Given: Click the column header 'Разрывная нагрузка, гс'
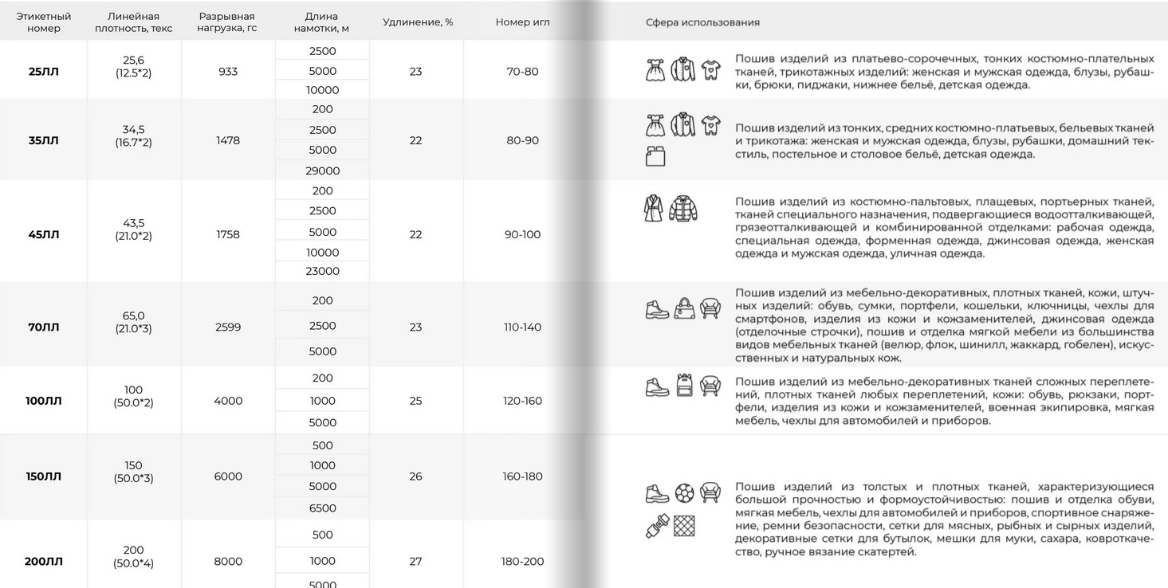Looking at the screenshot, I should coord(227,22).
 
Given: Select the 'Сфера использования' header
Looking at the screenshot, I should coord(702,22).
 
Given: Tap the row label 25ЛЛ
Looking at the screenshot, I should coord(44,72).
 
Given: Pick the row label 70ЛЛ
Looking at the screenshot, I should coord(44,327).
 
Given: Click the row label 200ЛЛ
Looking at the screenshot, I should coord(44,562).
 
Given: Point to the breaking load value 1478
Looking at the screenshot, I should coord(228,141).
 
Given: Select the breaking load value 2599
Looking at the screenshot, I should coord(228,327).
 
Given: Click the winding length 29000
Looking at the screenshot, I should coord(322,171).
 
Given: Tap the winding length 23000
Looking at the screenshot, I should coord(322,271).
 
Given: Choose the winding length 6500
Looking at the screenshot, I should coord(322,508).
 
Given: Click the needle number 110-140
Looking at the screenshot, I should coord(522,327).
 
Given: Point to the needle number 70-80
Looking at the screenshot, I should coord(522,72).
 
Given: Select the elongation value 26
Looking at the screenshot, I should coord(415,476).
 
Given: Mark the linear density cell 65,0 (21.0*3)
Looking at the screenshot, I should coord(133,323).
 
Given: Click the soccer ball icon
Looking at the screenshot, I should coord(684,493).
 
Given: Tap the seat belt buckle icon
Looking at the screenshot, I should coord(657,527).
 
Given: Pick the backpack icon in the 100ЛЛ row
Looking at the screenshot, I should coord(684,386).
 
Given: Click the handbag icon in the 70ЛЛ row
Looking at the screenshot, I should coord(684,308).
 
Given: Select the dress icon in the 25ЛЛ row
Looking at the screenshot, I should coord(655,70).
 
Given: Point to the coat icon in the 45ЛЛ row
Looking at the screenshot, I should coord(654,208).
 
